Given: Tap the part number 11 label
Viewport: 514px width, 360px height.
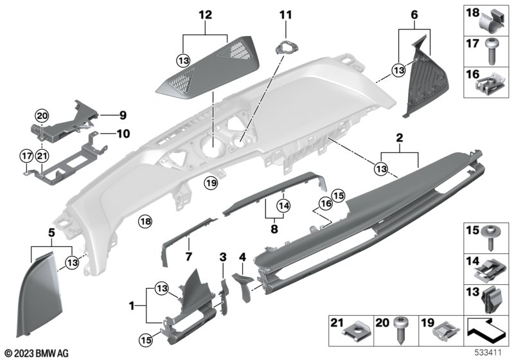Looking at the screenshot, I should pyautogui.click(x=285, y=14).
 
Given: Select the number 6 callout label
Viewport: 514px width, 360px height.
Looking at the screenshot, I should pyautogui.click(x=414, y=14).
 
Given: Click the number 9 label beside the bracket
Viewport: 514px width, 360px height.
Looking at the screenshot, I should pyautogui.click(x=122, y=116).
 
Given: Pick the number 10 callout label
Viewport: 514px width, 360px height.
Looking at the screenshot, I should pyautogui.click(x=122, y=134).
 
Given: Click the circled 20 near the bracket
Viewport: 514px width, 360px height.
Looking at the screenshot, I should pyautogui.click(x=42, y=116).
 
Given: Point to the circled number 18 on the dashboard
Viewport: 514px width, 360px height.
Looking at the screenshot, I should pyautogui.click(x=145, y=222).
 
